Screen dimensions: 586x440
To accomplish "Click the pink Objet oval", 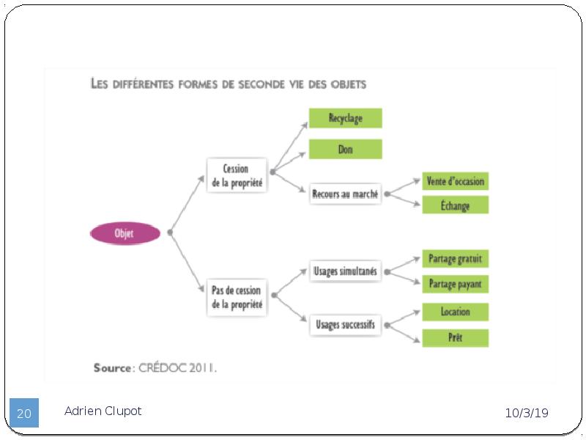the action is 125,233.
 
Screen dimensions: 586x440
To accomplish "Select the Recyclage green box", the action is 345,118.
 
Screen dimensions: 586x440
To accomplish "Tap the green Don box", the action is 345,150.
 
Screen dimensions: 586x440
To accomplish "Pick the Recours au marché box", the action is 345,194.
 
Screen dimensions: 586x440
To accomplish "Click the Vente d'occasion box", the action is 455,181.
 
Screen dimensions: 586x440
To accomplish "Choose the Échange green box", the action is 455,205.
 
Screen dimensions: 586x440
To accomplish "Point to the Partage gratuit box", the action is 455,259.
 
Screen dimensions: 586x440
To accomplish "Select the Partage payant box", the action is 455,284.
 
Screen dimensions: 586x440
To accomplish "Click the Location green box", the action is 455,312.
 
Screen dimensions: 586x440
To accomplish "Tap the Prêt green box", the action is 455,338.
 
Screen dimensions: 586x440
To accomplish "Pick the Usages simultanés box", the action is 345,271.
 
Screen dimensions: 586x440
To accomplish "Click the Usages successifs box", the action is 345,324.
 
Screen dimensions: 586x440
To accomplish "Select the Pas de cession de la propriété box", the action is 237,298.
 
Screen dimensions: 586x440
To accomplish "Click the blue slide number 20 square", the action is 24,413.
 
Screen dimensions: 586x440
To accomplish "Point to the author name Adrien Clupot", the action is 103,411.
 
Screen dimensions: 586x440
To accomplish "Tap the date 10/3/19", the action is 527,413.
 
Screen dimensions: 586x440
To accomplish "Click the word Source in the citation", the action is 112,368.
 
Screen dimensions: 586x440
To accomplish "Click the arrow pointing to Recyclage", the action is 290,147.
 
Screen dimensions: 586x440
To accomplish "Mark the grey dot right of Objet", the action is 170,232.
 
